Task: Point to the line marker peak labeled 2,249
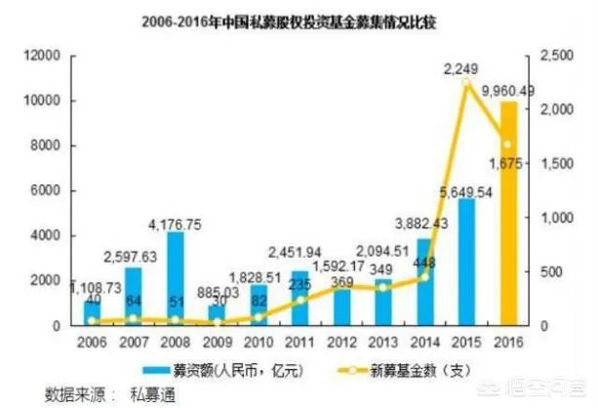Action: click(466, 84)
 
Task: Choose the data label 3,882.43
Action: click(422, 224)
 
